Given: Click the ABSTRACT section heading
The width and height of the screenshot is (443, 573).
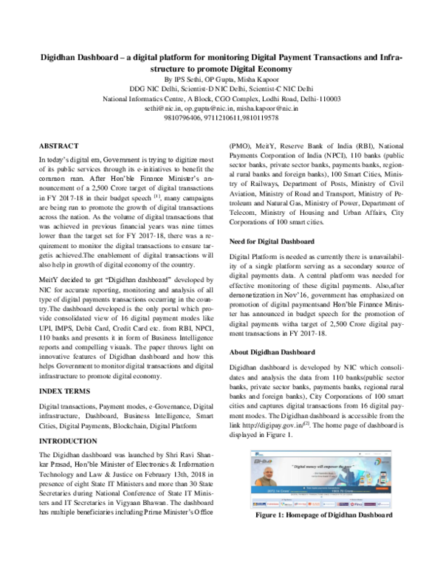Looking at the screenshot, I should click(x=58, y=147).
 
